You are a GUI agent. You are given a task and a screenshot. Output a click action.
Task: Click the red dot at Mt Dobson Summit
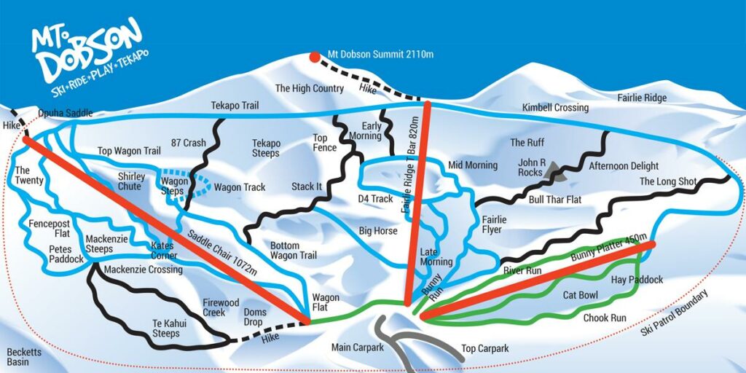tap(314, 57)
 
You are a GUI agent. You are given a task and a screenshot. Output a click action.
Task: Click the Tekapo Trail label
tap(235, 106)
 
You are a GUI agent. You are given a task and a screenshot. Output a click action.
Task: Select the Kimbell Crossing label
tap(555, 108)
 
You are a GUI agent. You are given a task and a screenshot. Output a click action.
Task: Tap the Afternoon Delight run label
tap(624, 166)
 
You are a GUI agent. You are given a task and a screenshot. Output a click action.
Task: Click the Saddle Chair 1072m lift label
tap(223, 252)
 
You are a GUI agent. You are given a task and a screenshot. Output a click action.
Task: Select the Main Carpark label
tap(357, 348)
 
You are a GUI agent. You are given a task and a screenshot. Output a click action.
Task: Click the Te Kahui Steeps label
tap(165, 329)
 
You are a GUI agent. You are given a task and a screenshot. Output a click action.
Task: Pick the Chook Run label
tap(605, 318)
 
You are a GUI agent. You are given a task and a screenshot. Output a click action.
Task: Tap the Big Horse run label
tap(377, 231)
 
